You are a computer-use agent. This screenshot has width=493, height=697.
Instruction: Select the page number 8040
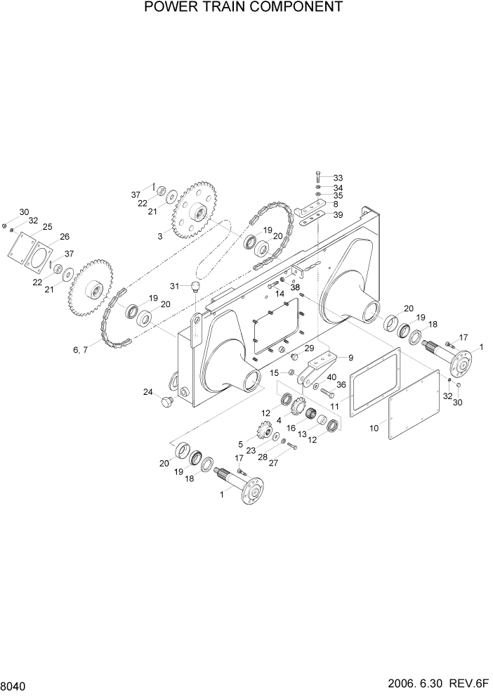(x=15, y=684)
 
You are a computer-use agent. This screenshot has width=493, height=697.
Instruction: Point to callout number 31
(x=176, y=285)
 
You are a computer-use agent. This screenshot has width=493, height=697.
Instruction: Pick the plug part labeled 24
(x=167, y=402)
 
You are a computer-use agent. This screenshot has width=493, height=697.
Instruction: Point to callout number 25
(x=48, y=226)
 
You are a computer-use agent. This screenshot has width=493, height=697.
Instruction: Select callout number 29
(x=308, y=348)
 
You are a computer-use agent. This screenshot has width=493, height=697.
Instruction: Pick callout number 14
(x=280, y=294)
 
